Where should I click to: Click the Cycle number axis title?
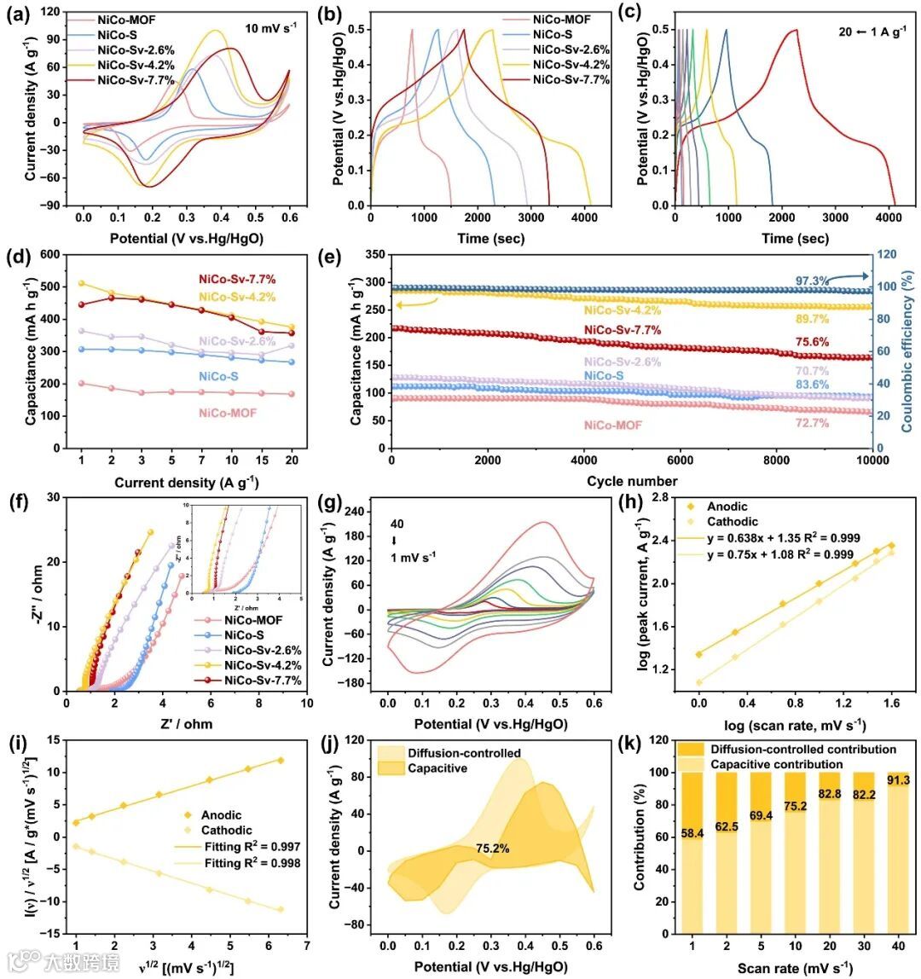pos(631,480)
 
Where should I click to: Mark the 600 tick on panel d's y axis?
pos(55,254)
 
